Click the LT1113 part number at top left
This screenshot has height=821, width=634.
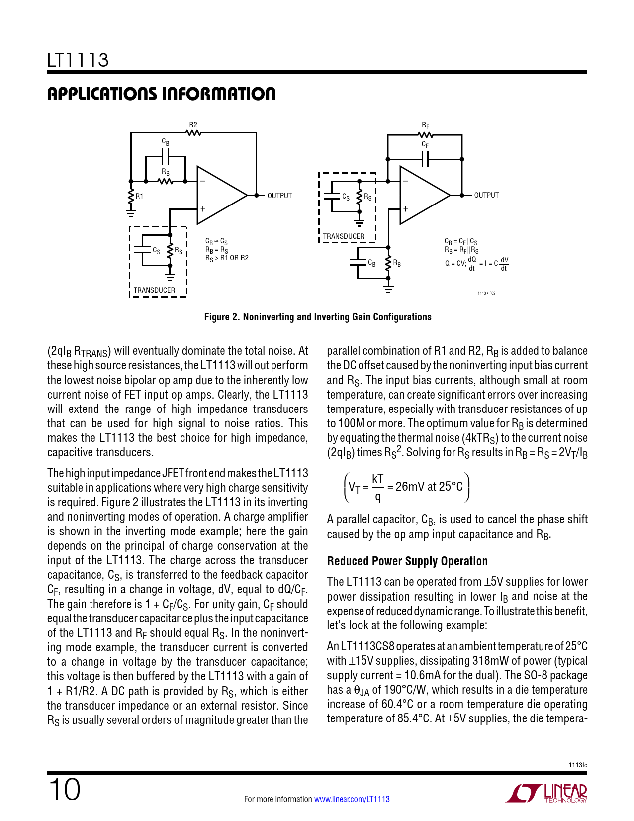click(78, 60)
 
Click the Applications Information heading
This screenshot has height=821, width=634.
click(161, 94)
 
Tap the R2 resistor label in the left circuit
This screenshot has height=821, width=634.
click(193, 125)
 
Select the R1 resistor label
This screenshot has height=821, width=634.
click(140, 196)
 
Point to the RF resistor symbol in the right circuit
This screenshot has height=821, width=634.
click(425, 134)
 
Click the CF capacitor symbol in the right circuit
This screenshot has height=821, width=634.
click(425, 159)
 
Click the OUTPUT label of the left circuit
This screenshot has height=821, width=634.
click(279, 196)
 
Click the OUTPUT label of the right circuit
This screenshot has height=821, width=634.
click(486, 195)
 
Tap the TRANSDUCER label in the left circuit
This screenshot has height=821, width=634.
click(154, 290)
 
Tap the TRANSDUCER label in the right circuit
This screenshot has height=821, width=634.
click(344, 236)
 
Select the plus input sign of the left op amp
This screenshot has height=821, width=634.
click(203, 209)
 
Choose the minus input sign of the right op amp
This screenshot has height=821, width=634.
click(405, 181)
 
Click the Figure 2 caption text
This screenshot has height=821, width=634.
click(318, 317)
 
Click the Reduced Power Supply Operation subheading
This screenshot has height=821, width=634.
click(407, 561)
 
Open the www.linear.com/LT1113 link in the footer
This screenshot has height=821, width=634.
click(352, 799)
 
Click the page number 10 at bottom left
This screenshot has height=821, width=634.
click(64, 790)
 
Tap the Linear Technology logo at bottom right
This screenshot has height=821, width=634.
click(546, 793)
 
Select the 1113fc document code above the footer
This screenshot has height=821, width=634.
click(578, 765)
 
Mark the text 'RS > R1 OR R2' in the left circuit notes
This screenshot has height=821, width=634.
click(227, 258)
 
